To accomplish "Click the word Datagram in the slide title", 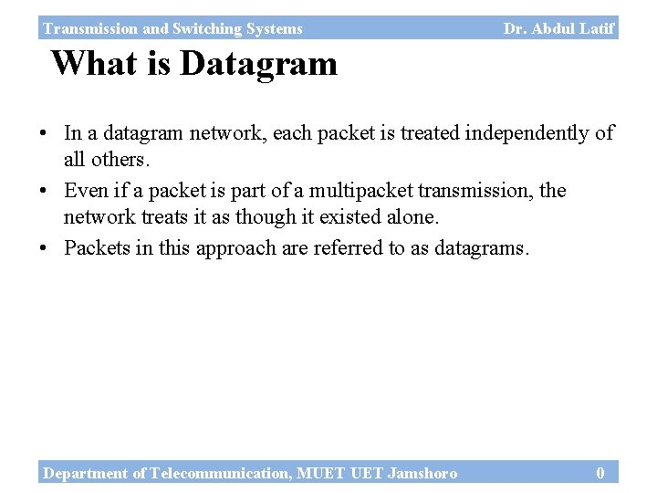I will pyautogui.click(x=258, y=64).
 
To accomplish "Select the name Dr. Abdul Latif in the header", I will pyautogui.click(x=558, y=28).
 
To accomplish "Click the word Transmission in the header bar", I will pyautogui.click(x=89, y=29).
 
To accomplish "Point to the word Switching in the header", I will pyautogui.click(x=204, y=29).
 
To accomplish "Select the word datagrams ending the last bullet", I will pyautogui.click(x=482, y=248).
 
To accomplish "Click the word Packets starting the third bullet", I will pyautogui.click(x=96, y=248).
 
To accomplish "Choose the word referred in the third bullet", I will pyautogui.click(x=349, y=248).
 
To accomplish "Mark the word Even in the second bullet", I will pyautogui.click(x=84, y=191).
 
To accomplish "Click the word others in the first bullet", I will pyautogui.click(x=119, y=161).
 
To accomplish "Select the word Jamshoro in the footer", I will pyautogui.click(x=422, y=473).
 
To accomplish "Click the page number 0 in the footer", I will pyautogui.click(x=600, y=473).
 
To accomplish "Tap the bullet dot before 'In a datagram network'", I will pyautogui.click(x=45, y=134).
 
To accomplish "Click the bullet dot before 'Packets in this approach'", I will pyautogui.click(x=45, y=249).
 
